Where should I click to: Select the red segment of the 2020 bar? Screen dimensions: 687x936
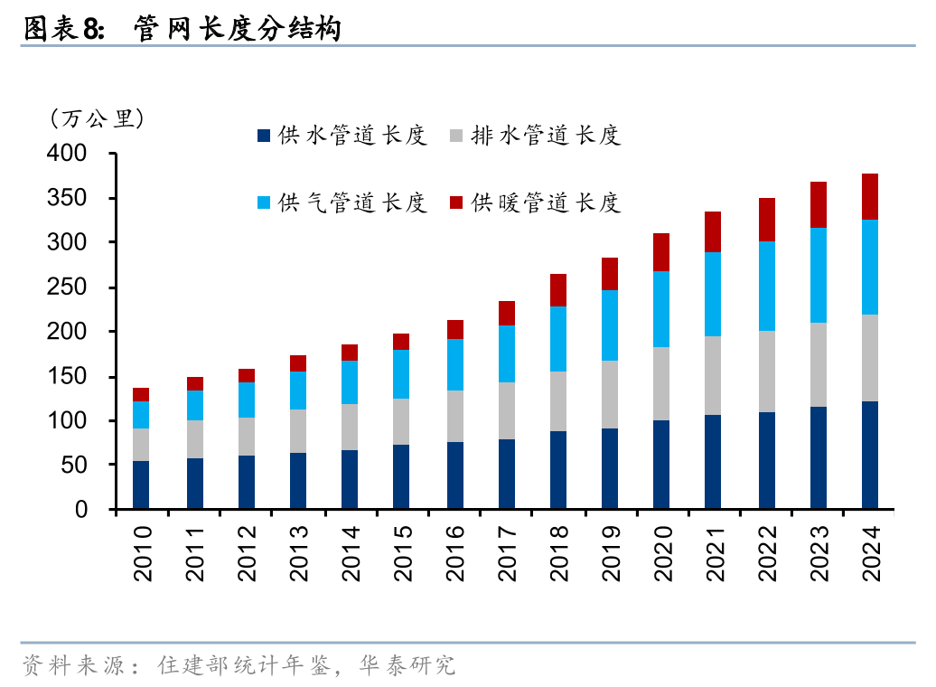(x=661, y=252)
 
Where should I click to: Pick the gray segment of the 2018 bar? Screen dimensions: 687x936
(x=558, y=401)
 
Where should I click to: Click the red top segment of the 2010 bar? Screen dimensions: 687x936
(x=141, y=394)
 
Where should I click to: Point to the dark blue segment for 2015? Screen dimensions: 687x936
(x=401, y=476)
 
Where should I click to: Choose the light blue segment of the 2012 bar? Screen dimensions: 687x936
(x=246, y=400)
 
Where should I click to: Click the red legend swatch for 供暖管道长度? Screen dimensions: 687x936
(x=456, y=202)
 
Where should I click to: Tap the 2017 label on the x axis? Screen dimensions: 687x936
(x=506, y=553)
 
